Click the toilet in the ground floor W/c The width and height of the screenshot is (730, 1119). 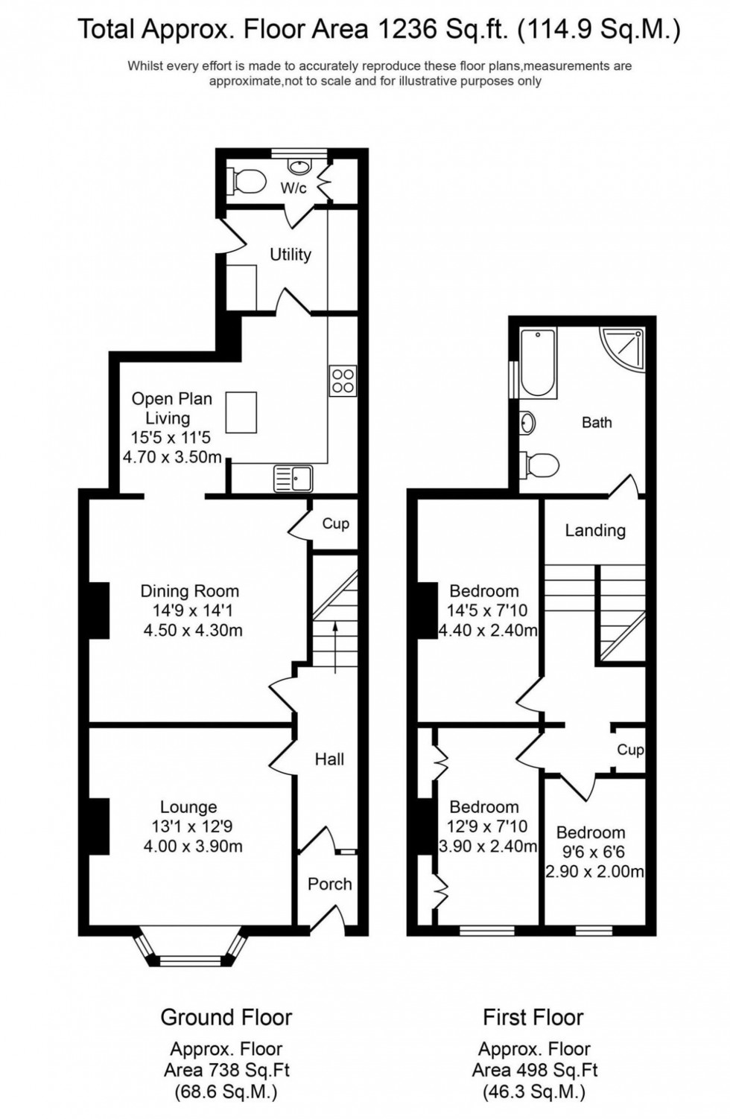pos(248,180)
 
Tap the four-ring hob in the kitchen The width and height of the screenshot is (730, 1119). pos(343,380)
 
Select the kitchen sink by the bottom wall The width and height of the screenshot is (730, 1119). pos(293,477)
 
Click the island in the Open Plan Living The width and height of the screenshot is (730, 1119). pos(241,412)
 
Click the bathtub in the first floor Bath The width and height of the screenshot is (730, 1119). pos(538,363)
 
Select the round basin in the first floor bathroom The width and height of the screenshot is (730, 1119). pos(527,423)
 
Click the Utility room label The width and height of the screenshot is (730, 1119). pos(291,255)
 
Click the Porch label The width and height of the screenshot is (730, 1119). pos(329,884)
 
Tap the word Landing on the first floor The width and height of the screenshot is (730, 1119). pos(594,530)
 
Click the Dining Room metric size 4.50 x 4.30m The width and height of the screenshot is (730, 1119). pos(193,631)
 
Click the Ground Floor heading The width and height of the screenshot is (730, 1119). pos(226,1017)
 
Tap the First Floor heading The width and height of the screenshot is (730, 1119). pos(533,1017)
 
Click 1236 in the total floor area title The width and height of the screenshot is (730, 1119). pos(404,30)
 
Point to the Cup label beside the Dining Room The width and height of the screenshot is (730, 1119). pos(335,523)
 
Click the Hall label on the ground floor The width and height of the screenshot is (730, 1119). pos(329,759)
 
